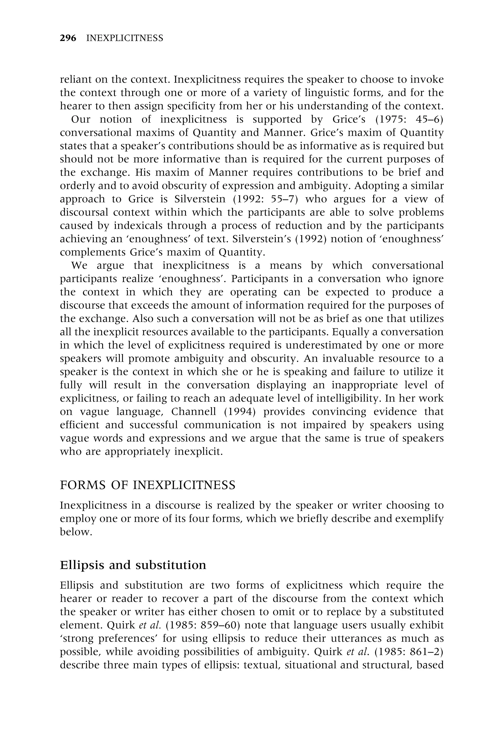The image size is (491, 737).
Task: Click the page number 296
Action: pos(68,38)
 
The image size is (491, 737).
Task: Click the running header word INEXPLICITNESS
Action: pos(125,38)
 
